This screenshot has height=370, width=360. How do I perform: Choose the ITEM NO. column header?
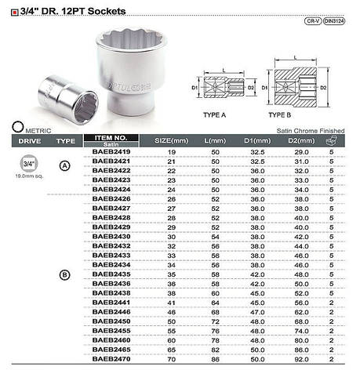click(x=111, y=138)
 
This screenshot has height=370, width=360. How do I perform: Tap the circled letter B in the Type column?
click(x=66, y=274)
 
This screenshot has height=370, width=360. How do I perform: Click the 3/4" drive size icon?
click(x=28, y=163)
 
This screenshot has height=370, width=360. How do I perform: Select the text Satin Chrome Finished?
click(x=311, y=131)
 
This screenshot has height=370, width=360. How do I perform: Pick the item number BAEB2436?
click(x=111, y=283)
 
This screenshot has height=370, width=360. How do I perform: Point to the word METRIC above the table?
click(x=40, y=131)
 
